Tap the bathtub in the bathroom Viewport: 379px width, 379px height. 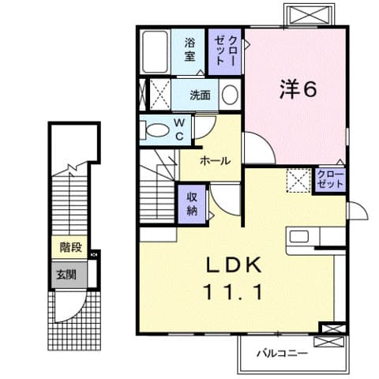(156, 51)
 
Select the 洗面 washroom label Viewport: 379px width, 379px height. (200, 96)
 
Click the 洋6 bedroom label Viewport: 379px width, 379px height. (296, 89)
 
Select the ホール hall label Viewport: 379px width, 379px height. (215, 160)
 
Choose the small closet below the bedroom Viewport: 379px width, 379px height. (330, 178)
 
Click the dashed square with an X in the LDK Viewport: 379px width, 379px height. (299, 180)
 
